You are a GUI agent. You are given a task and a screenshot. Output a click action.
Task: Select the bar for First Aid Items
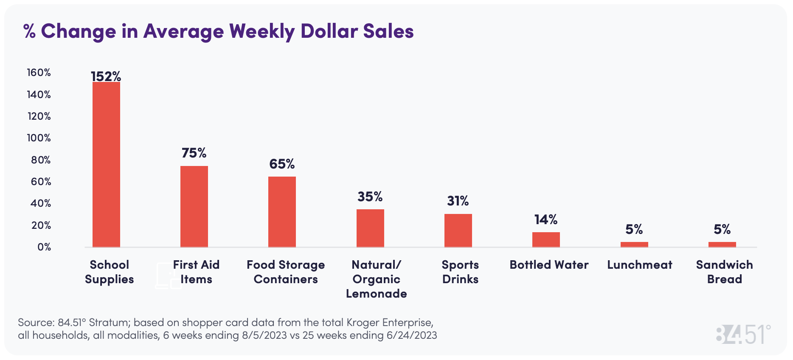[x=194, y=206]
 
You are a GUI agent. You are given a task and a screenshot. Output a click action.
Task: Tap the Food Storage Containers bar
[x=282, y=212]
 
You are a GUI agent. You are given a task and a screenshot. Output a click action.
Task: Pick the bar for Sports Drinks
[x=458, y=231]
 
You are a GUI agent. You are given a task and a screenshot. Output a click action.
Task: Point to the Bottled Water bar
[x=546, y=239]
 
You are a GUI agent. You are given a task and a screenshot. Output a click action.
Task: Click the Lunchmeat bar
[x=634, y=245]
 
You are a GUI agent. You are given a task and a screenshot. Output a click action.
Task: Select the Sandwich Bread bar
[x=722, y=245]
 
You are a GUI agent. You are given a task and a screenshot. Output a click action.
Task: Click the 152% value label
[x=106, y=76]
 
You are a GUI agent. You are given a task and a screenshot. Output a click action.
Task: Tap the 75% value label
[x=194, y=153]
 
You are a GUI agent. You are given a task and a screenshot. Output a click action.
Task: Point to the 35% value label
[x=370, y=197]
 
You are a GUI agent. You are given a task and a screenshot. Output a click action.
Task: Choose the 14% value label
[x=546, y=219]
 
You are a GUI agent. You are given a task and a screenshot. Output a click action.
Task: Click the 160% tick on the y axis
[x=39, y=73]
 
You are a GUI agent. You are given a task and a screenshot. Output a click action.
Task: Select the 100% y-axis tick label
[x=39, y=138]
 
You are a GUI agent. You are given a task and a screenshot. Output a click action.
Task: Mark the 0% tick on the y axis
[x=44, y=247]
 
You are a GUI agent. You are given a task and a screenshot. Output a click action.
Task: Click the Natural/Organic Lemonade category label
[x=376, y=279]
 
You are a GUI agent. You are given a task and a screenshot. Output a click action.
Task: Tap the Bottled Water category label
[x=549, y=265]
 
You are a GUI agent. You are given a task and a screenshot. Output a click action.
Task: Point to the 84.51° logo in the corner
[x=743, y=335]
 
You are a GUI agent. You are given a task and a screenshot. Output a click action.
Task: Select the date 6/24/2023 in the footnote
[x=411, y=335]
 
